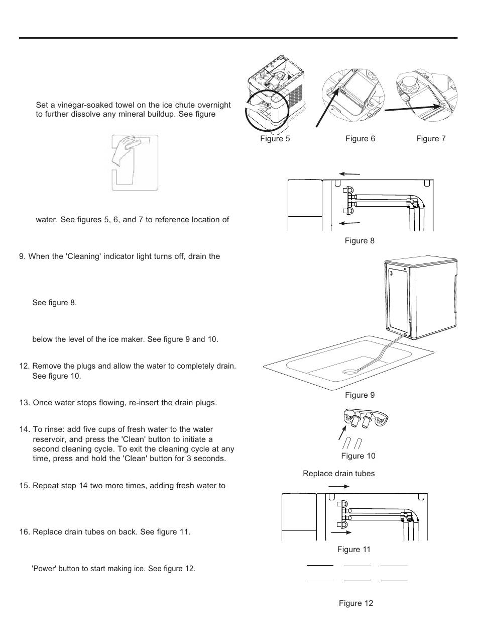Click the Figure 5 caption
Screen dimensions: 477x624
pyautogui.click(x=275, y=139)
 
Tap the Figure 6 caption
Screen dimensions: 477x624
pyautogui.click(x=360, y=139)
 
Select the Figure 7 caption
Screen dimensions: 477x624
pyautogui.click(x=431, y=139)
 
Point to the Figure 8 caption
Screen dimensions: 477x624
pyautogui.click(x=360, y=241)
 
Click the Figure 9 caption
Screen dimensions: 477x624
pyautogui.click(x=360, y=395)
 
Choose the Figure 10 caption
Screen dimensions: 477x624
pyautogui.click(x=358, y=456)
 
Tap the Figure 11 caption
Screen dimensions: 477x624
pyautogui.click(x=354, y=550)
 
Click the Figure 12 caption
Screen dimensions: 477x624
pyautogui.click(x=356, y=603)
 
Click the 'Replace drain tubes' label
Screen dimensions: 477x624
pyautogui.click(x=338, y=473)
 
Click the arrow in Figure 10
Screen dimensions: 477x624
pyautogui.click(x=342, y=433)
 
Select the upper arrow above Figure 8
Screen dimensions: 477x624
pyautogui.click(x=349, y=174)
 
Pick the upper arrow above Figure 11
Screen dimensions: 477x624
pyautogui.click(x=339, y=486)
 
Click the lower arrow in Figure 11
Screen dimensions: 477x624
pyautogui.click(x=341, y=532)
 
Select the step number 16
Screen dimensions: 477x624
pyautogui.click(x=25, y=532)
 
